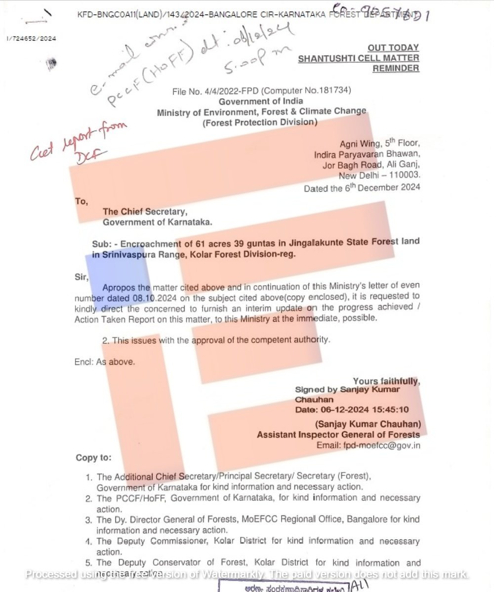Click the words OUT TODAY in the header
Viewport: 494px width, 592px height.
click(393, 48)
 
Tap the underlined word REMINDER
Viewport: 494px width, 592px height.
click(396, 69)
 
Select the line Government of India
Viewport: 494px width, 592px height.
click(261, 102)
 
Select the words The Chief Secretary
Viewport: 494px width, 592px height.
click(145, 212)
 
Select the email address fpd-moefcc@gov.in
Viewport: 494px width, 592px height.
click(382, 445)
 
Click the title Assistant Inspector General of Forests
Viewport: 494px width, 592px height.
click(338, 435)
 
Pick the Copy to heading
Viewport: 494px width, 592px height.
click(93, 458)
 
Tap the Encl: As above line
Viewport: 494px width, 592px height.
click(104, 362)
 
